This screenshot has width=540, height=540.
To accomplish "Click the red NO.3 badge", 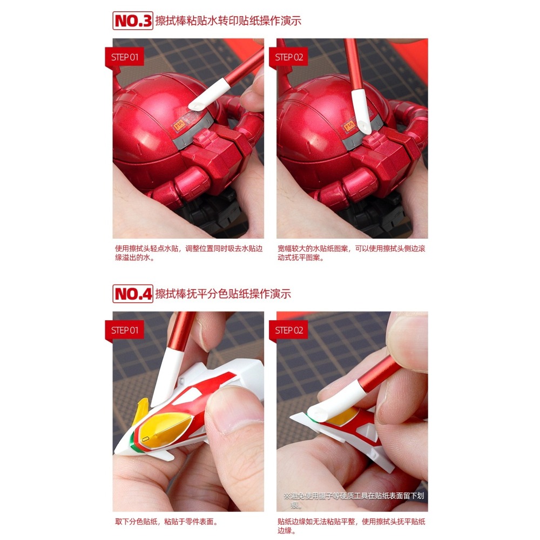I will pos(133,21).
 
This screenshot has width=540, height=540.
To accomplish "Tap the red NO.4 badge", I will pos(133,294).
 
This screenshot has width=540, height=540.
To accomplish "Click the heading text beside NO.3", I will pos(228,21).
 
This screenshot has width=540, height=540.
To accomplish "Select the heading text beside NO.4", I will pos(223,294).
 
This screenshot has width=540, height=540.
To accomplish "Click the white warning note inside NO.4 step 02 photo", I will pos(354,500).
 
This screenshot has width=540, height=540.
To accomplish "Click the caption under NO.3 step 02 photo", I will pos(351,253).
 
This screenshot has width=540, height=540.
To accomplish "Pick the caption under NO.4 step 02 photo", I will pos(351,526).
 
